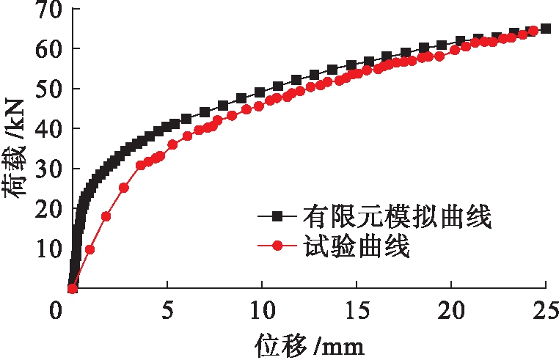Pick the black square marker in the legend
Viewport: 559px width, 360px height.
[277, 216]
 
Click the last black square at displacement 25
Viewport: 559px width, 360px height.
[546, 29]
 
